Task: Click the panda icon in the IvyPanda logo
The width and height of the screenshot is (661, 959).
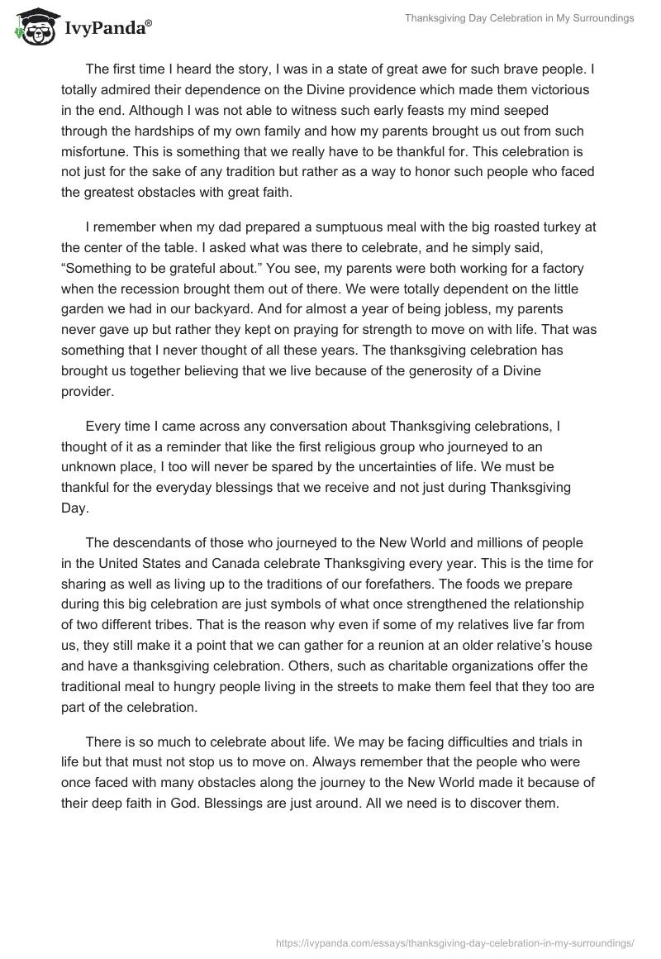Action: point(34,27)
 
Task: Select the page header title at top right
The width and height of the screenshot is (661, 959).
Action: point(520,18)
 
